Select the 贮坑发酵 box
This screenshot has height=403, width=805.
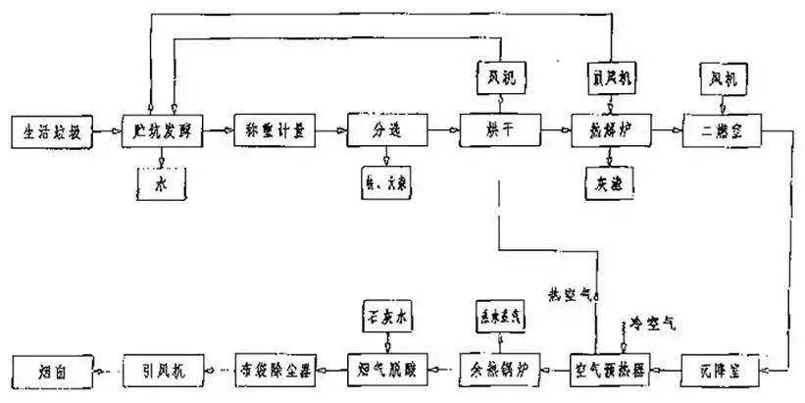(x=163, y=130)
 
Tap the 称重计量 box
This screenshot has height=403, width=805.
(x=276, y=130)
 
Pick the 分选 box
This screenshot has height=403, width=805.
(x=388, y=130)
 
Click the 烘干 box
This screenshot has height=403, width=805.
(x=500, y=130)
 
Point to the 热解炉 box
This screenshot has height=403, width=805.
(x=612, y=130)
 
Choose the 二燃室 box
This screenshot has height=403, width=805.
(x=724, y=130)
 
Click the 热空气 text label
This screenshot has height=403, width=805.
(x=569, y=291)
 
